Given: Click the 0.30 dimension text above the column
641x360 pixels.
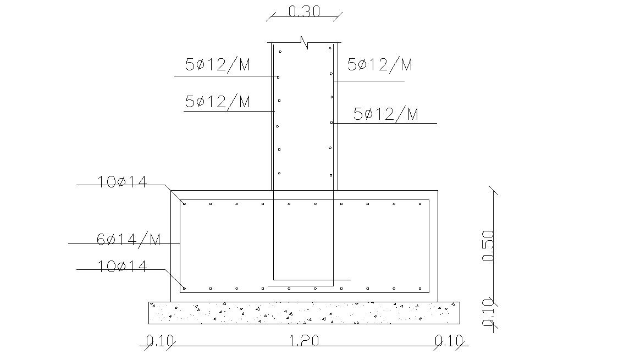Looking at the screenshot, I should pos(304,12).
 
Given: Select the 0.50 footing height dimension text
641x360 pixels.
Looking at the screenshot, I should pos(488,246).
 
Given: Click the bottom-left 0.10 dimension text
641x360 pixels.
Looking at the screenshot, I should pos(159,341).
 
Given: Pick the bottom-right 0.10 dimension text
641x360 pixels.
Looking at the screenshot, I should pos(449,341).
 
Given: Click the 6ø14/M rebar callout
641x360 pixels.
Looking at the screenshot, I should pos(129,240).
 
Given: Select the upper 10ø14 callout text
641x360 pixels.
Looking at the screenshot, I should pos(123,181).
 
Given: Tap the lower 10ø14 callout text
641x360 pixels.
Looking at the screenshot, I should pos(123,266).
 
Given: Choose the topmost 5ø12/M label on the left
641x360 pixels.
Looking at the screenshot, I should pos(218,65).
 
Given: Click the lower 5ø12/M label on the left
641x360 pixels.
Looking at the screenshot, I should pos(218,102).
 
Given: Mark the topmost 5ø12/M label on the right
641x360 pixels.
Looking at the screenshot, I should pos(380,65).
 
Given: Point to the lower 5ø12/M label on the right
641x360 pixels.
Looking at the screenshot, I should pos(386,114).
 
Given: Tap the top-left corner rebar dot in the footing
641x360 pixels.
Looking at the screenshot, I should pos(184,204).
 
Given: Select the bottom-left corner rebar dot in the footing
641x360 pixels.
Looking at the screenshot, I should pos(184,288).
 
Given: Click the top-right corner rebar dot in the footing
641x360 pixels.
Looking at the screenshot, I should pos(421,204).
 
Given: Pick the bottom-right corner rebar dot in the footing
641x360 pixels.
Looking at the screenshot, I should pos(421,288).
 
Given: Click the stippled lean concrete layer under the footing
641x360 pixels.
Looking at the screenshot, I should pos(304,313).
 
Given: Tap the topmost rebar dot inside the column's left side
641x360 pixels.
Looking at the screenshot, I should pos(280,52).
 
